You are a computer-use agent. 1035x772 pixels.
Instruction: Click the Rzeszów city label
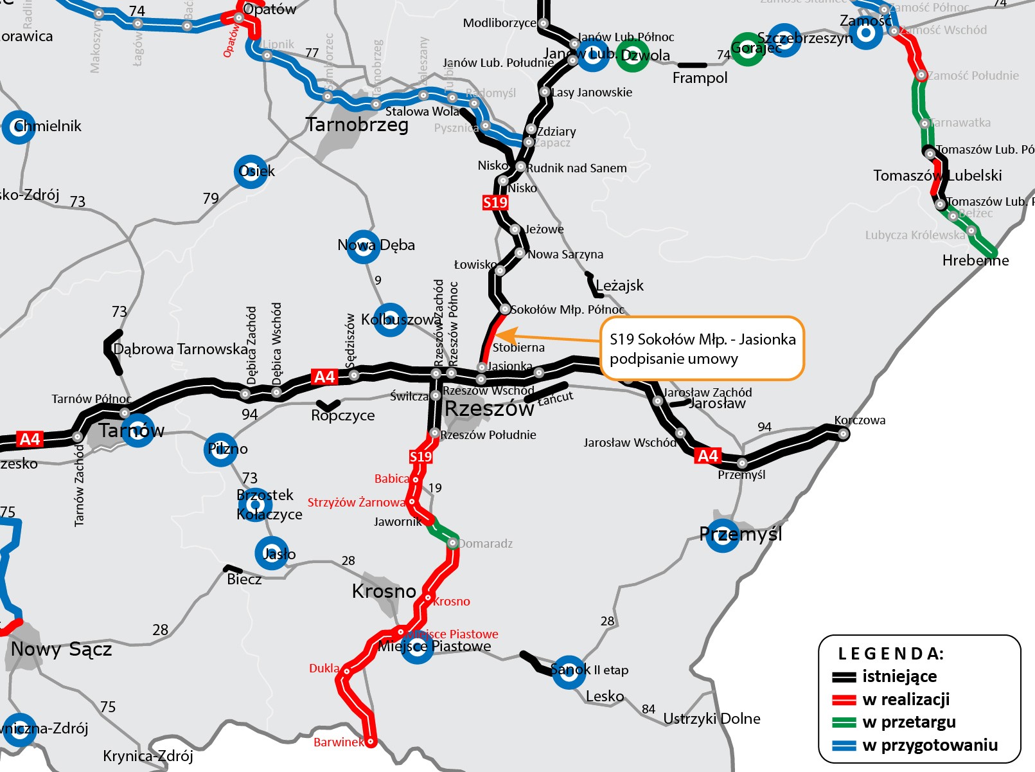(x=489, y=408)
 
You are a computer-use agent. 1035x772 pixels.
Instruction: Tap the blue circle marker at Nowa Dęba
(x=363, y=246)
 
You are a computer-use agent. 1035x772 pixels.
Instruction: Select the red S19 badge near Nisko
(x=495, y=202)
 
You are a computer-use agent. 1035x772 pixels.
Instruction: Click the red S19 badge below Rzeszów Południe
(x=421, y=456)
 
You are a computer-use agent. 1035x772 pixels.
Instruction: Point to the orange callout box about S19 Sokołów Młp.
(x=702, y=348)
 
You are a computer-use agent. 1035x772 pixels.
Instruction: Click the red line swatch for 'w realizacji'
(x=844, y=700)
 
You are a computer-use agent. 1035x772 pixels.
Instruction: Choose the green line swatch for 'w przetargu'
(x=844, y=723)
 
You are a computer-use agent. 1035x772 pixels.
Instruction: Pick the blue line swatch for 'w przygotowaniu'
(x=844, y=746)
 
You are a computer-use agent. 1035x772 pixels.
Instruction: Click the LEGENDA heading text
(x=890, y=654)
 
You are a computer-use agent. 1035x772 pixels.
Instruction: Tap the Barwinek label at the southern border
(x=338, y=742)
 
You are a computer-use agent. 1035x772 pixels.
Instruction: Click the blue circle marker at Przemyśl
(x=722, y=535)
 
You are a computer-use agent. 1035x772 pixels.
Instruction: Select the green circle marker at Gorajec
(x=747, y=49)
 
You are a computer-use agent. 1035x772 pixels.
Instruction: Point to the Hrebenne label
(x=975, y=260)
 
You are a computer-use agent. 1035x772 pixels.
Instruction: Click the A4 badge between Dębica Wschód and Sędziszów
(x=324, y=377)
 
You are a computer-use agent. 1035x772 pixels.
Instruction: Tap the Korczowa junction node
(x=843, y=434)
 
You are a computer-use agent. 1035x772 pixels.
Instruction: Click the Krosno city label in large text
(x=384, y=591)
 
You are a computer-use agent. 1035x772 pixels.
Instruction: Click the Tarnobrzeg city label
(x=357, y=125)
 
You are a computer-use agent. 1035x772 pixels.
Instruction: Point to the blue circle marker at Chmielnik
(x=19, y=127)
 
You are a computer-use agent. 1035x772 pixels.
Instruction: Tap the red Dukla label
(x=324, y=669)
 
